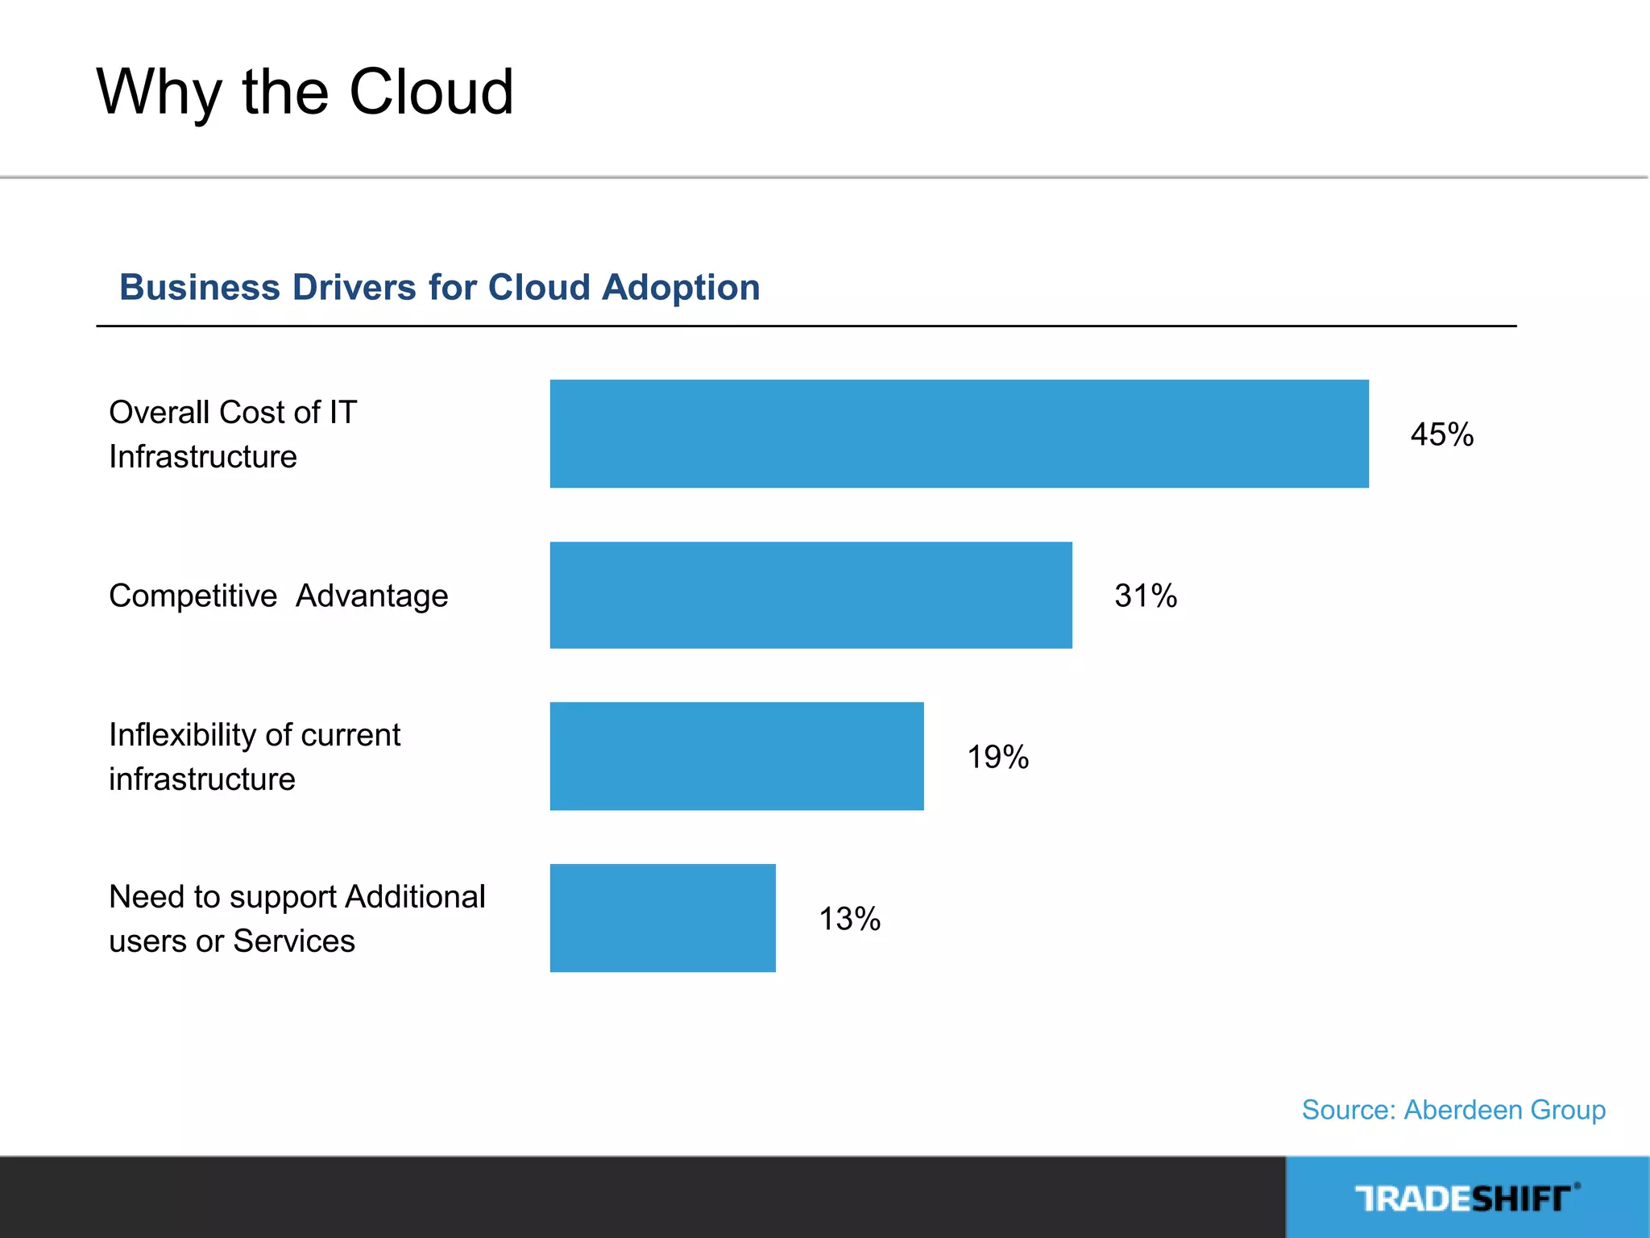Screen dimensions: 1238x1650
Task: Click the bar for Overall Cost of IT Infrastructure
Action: point(959,434)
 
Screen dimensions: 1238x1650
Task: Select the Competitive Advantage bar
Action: point(810,595)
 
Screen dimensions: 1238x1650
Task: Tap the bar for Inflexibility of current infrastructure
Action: point(736,756)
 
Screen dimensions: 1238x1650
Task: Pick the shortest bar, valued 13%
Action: point(662,918)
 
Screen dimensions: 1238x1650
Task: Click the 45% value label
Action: point(1441,434)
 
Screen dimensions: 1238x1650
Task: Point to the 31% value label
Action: point(1145,596)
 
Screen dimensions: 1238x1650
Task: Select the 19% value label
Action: point(997,757)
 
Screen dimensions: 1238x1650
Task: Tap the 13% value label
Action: point(849,919)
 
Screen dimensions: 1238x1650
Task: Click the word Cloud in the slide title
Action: point(431,92)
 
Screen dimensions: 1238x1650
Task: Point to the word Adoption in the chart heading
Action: point(681,287)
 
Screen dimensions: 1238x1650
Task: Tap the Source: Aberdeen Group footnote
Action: point(1453,1110)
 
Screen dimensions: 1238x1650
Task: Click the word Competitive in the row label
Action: point(193,596)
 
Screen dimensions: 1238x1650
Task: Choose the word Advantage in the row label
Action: point(371,596)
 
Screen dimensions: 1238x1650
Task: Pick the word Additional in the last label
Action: point(415,896)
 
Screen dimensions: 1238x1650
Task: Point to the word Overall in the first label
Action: point(159,412)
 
